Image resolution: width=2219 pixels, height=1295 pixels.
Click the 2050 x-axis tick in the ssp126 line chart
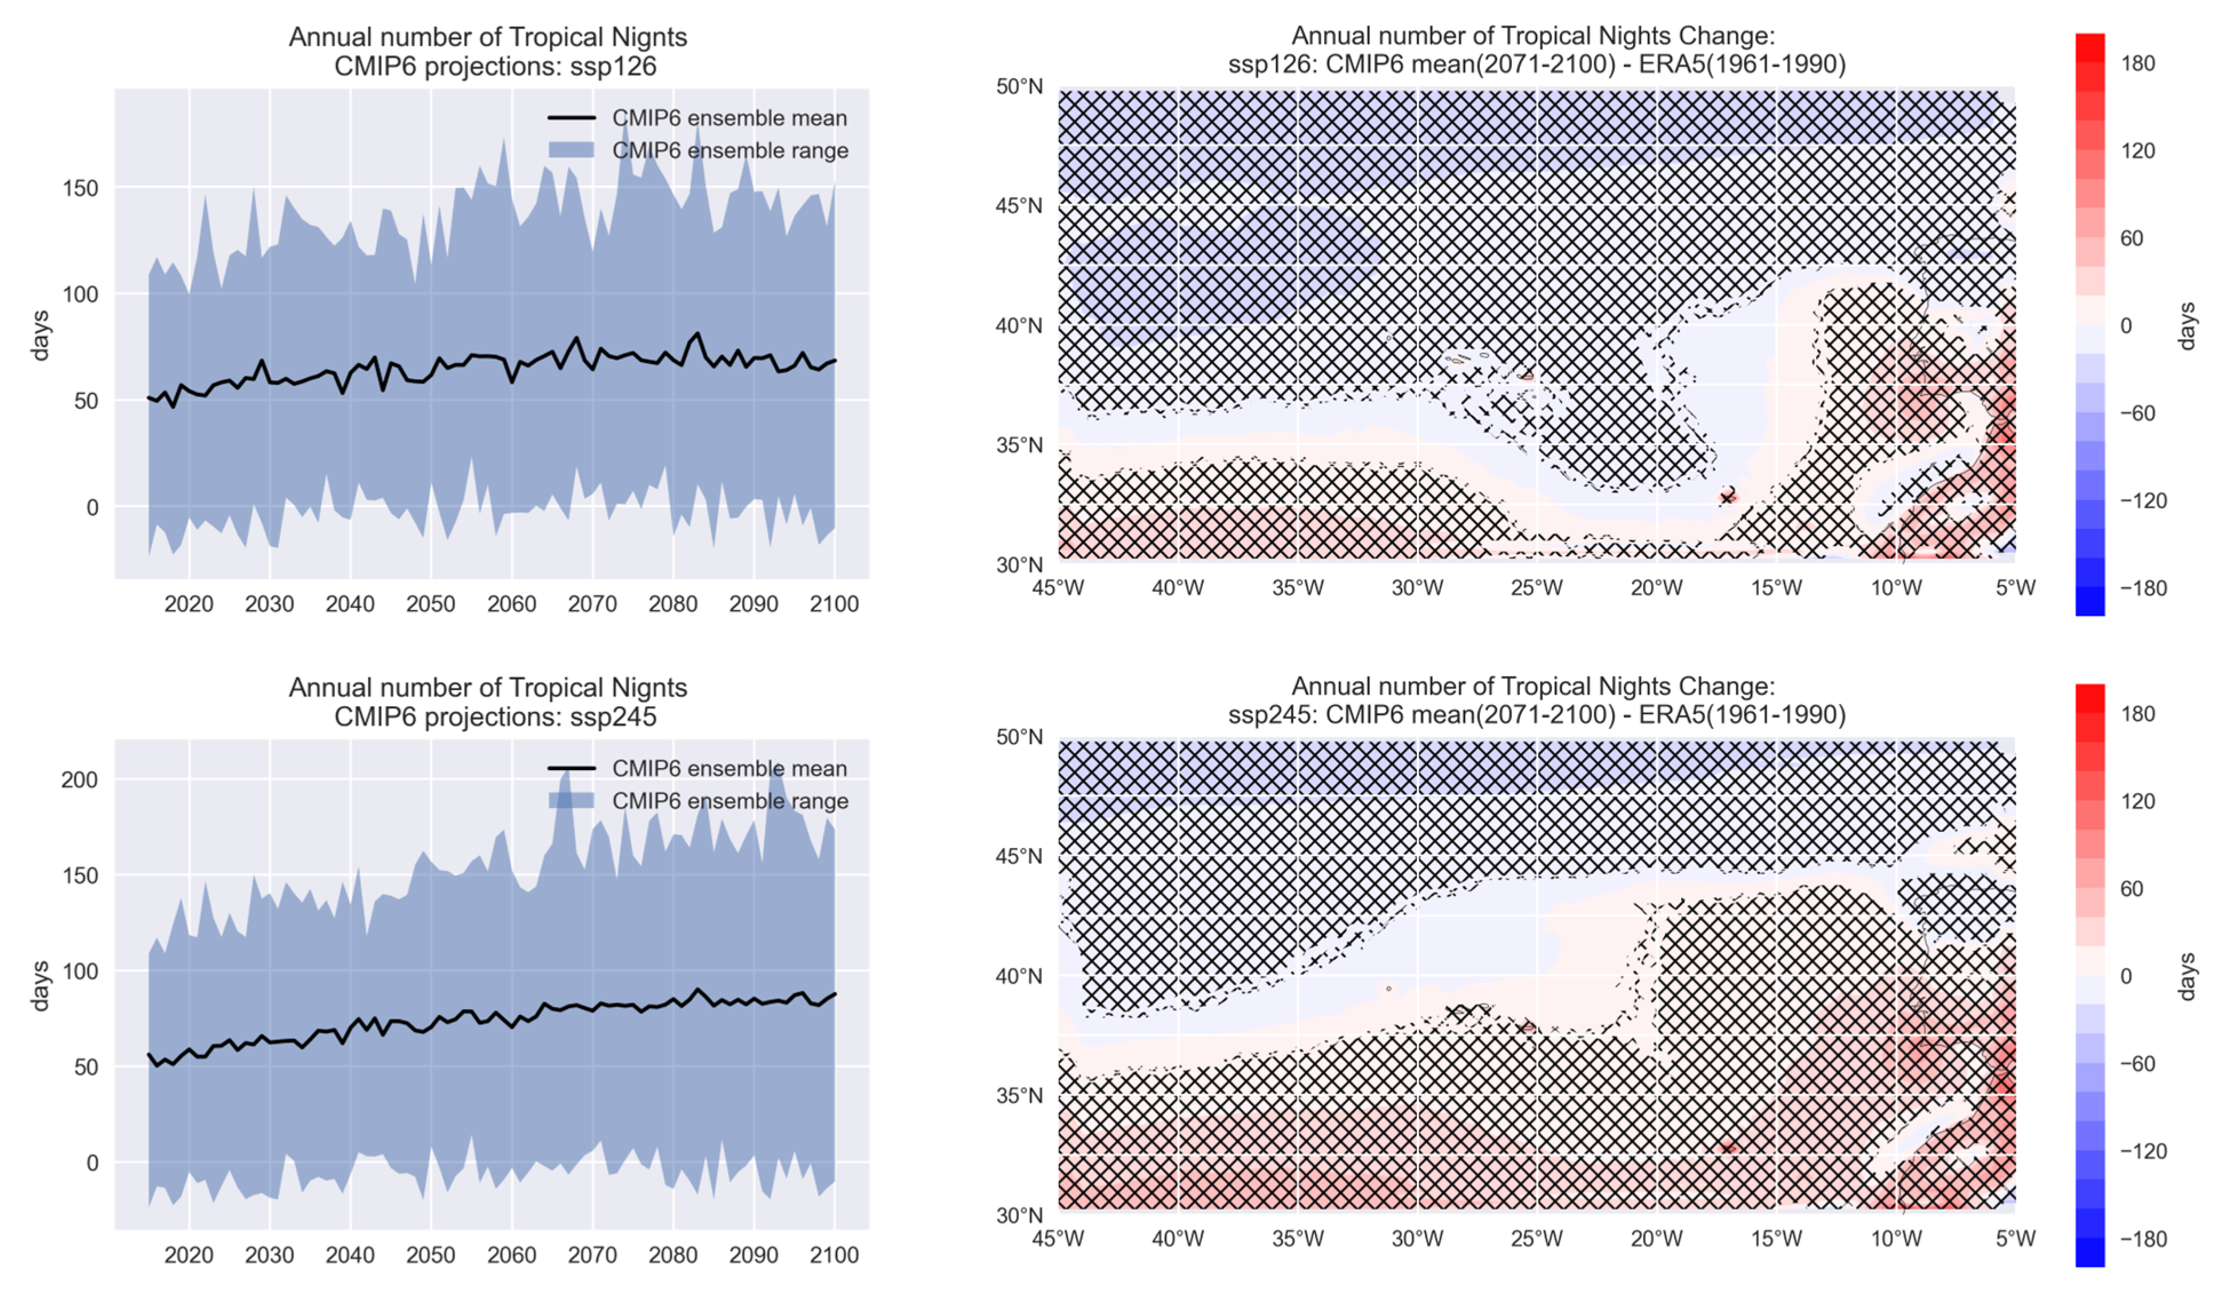pos(431,604)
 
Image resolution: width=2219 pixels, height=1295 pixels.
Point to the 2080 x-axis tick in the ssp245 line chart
pos(673,1254)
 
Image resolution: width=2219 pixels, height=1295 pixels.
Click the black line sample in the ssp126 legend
pos(572,118)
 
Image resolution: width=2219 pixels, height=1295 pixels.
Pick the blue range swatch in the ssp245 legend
pos(572,800)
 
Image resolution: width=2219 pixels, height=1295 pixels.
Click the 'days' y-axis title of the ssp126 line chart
pos(39,336)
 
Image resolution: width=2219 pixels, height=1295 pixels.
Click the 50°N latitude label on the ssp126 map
pos(1019,86)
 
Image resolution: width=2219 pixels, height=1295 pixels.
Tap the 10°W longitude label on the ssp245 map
pos(1896,1238)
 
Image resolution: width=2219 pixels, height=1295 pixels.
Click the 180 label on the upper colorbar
pos(2138,63)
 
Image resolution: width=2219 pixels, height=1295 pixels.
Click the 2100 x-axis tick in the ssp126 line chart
pos(834,604)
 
